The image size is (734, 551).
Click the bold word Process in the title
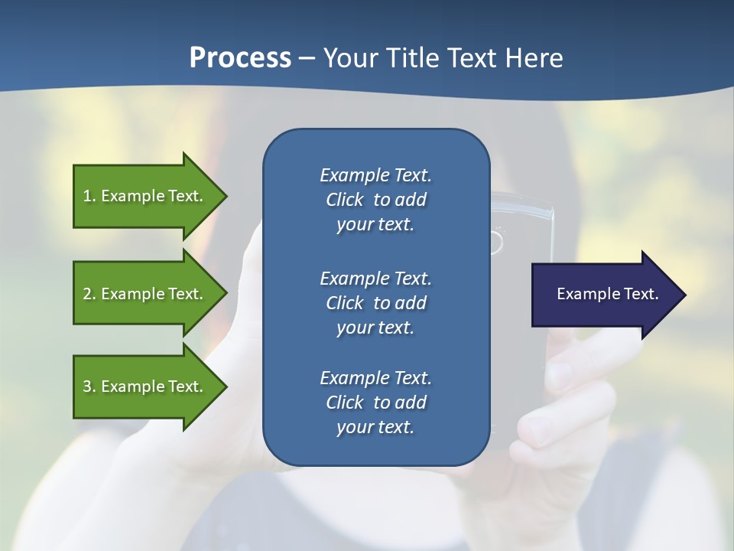pyautogui.click(x=240, y=58)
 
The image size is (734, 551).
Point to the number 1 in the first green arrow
pyautogui.click(x=87, y=196)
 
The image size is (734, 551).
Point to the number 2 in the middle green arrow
pyautogui.click(x=87, y=294)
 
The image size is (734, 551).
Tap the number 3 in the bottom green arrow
pyautogui.click(x=87, y=386)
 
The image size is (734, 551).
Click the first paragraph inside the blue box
pyautogui.click(x=375, y=200)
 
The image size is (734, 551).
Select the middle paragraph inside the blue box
pyautogui.click(x=375, y=303)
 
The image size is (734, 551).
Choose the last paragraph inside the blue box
pyautogui.click(x=375, y=403)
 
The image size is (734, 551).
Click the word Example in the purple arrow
pyautogui.click(x=583, y=294)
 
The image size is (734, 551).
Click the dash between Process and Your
pyautogui.click(x=307, y=58)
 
